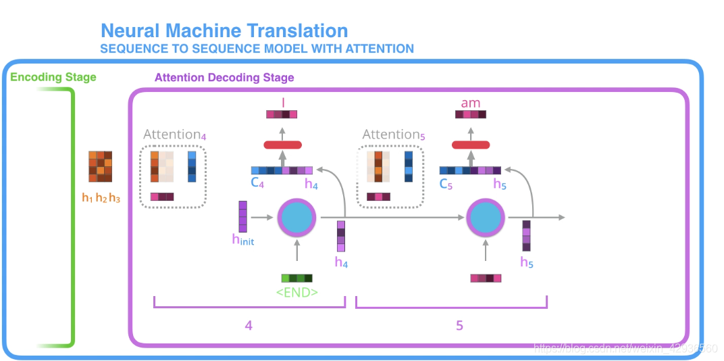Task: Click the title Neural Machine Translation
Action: tap(224, 30)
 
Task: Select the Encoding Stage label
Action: tap(53, 77)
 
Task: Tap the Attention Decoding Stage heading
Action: tap(224, 77)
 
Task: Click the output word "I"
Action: tap(283, 102)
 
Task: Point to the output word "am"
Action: tap(470, 103)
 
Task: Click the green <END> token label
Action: tap(296, 293)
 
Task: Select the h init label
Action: tap(243, 240)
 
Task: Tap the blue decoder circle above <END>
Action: tap(297, 218)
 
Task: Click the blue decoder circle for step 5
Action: tap(486, 218)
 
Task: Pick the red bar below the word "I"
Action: tap(283, 145)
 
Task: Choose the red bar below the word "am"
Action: tap(470, 145)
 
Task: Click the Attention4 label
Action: tap(174, 135)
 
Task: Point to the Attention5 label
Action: tap(394, 135)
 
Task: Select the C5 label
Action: tap(446, 183)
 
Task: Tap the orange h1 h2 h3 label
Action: tap(101, 198)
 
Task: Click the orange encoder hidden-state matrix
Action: tap(101, 166)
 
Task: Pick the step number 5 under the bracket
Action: tap(459, 325)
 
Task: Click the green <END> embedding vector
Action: tap(297, 277)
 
